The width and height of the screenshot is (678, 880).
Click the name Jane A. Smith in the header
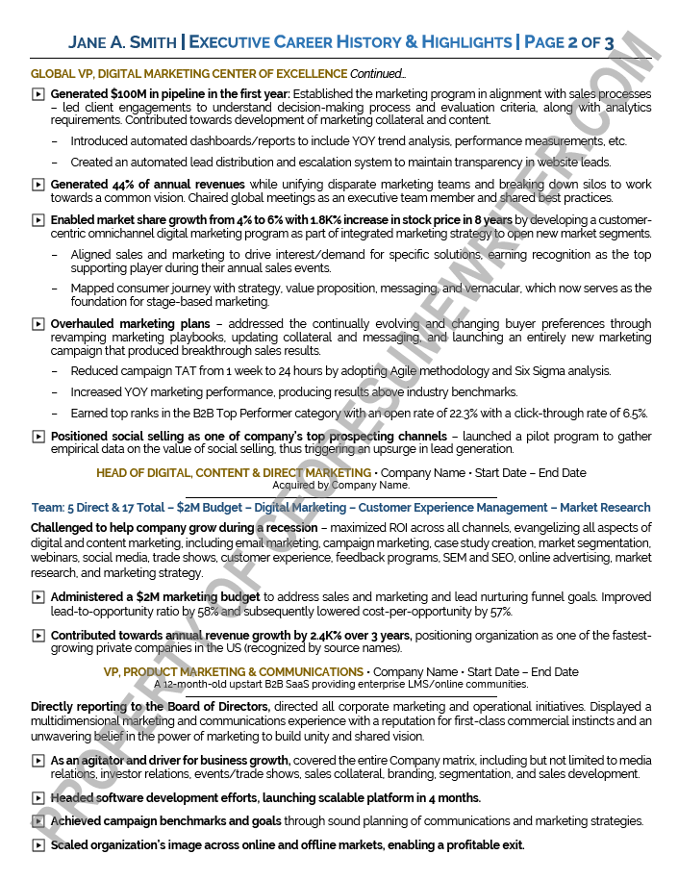click(x=122, y=42)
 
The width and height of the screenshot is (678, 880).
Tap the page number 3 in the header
click(x=609, y=42)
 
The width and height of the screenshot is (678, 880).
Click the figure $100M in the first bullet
click(x=129, y=94)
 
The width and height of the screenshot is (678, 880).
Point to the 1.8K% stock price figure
click(x=355, y=220)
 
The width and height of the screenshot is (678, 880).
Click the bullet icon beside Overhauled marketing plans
click(x=38, y=325)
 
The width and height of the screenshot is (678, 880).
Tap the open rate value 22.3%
click(x=448, y=414)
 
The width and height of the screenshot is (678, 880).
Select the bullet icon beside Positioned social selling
click(x=38, y=437)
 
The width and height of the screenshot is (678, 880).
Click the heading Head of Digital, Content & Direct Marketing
click(x=234, y=473)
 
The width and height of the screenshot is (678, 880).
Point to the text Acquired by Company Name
click(x=340, y=486)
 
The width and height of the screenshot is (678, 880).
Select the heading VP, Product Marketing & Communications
click(x=234, y=672)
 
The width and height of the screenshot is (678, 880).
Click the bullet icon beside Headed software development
click(x=38, y=798)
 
